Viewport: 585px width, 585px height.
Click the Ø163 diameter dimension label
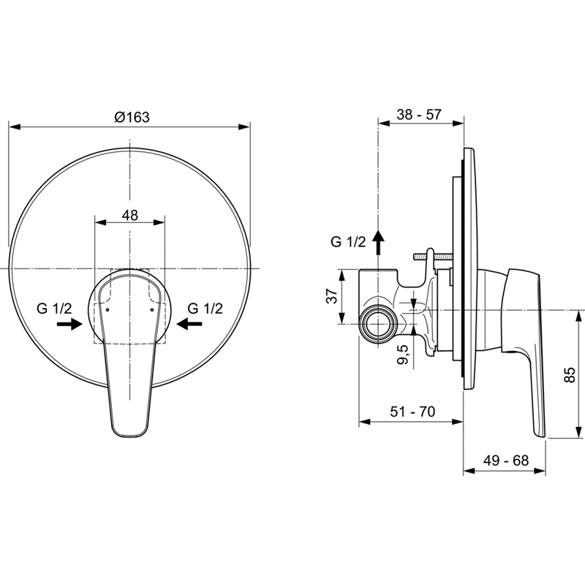(132, 117)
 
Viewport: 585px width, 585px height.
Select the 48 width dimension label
(130, 215)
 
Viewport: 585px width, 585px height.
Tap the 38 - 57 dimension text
(419, 114)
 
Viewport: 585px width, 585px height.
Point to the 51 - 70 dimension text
(412, 412)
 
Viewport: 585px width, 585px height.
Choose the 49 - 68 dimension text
(506, 461)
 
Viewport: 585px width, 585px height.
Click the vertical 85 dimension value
(570, 374)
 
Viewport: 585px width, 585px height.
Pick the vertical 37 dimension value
(333, 296)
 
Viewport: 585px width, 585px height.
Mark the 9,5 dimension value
(404, 354)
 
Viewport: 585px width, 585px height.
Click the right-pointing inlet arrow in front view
(69, 324)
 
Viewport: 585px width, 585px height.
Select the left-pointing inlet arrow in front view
(189, 324)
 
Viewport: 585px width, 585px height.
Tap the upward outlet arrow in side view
(379, 242)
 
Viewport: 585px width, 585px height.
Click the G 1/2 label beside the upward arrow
(348, 242)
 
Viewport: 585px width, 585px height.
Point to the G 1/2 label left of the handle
(54, 309)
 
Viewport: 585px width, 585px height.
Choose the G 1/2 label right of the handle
(205, 309)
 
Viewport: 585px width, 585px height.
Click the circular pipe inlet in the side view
(378, 324)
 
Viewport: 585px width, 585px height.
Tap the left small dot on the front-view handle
(107, 309)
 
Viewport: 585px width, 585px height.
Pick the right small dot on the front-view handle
(152, 309)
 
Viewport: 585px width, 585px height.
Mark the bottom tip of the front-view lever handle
(129, 436)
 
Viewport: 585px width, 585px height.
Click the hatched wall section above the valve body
(433, 257)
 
